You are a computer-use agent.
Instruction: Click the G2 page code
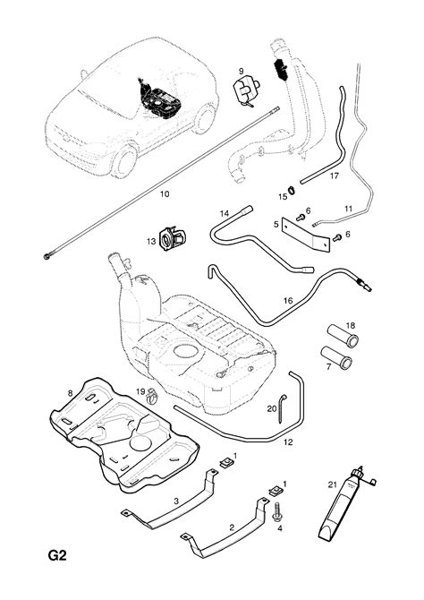click(x=57, y=555)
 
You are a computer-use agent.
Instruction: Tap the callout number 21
click(x=332, y=484)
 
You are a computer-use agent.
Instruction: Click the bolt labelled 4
click(x=276, y=512)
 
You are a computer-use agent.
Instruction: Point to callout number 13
click(x=151, y=242)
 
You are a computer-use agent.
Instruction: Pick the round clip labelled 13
click(x=172, y=238)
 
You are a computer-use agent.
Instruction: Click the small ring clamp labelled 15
click(x=293, y=189)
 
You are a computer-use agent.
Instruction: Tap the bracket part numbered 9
click(x=247, y=91)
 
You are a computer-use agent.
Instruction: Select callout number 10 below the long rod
click(x=165, y=194)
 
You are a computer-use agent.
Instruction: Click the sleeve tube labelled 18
click(x=343, y=336)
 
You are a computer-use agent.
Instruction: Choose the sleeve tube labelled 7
click(x=336, y=358)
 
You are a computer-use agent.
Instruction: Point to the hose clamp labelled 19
click(x=153, y=395)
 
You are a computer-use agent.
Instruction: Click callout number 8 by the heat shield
click(x=70, y=392)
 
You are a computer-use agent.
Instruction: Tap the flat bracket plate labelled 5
click(x=306, y=235)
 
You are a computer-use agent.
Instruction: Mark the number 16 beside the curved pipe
click(x=288, y=301)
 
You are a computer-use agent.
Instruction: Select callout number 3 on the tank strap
click(x=176, y=501)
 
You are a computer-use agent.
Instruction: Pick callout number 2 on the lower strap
click(x=232, y=527)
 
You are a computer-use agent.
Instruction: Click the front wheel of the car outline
click(x=124, y=160)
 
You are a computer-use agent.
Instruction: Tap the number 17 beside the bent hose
click(x=335, y=176)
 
